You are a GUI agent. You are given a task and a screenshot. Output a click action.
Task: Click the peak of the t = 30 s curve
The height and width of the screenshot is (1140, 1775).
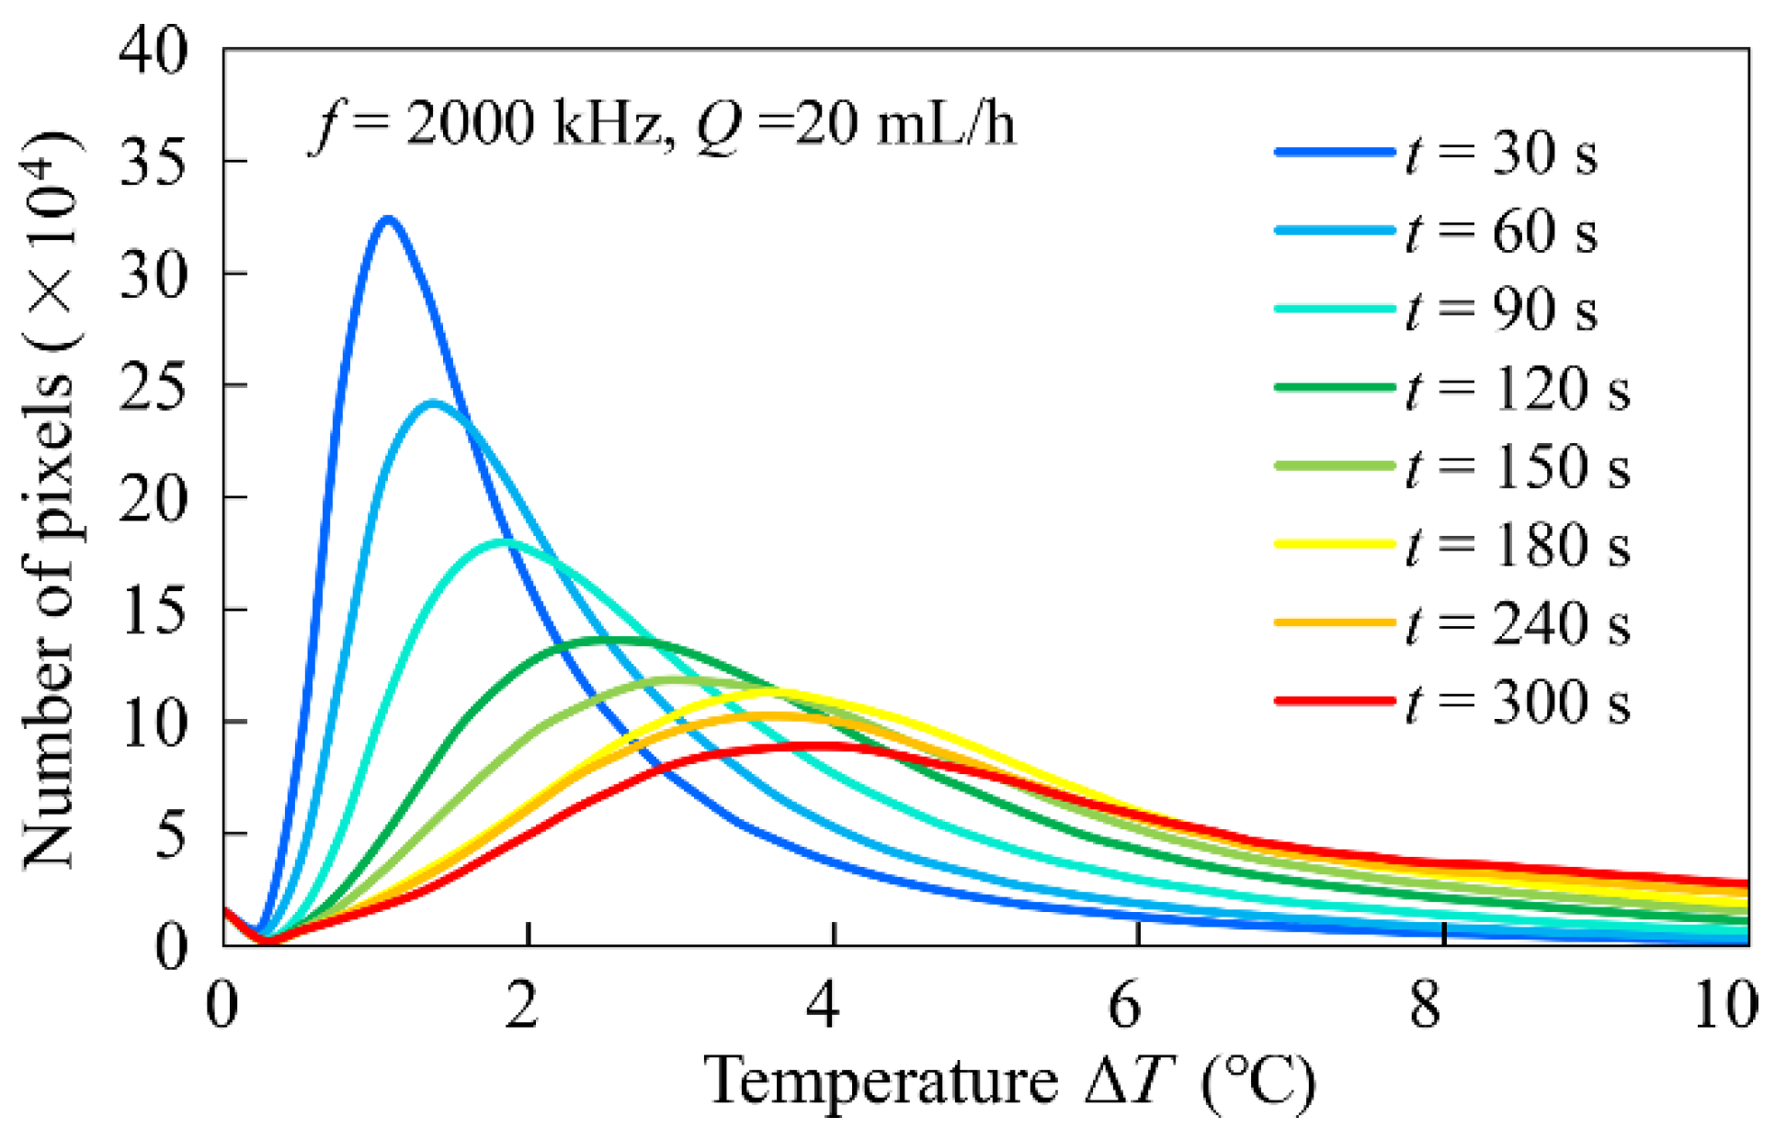point(388,219)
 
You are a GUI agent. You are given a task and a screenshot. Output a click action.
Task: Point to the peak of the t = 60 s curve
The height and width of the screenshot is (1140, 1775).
point(433,403)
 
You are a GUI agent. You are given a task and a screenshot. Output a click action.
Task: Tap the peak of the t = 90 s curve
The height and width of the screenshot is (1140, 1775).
point(504,541)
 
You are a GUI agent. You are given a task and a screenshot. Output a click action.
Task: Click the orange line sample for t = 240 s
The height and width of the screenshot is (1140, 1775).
point(1335,623)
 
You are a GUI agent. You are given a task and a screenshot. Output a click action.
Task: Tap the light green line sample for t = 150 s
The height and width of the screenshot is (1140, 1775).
point(1335,466)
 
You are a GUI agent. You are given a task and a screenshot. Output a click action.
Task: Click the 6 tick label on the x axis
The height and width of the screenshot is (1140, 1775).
point(1124,1005)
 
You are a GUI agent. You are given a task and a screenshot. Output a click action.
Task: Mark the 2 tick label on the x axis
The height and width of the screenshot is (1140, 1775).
point(521,1005)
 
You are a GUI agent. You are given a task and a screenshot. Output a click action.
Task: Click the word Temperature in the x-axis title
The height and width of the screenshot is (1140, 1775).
point(881,1081)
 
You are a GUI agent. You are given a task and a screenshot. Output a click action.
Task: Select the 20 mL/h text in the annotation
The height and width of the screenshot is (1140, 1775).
point(905,123)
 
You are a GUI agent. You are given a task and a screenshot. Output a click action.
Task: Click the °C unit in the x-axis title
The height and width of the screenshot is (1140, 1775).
point(1259,1081)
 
